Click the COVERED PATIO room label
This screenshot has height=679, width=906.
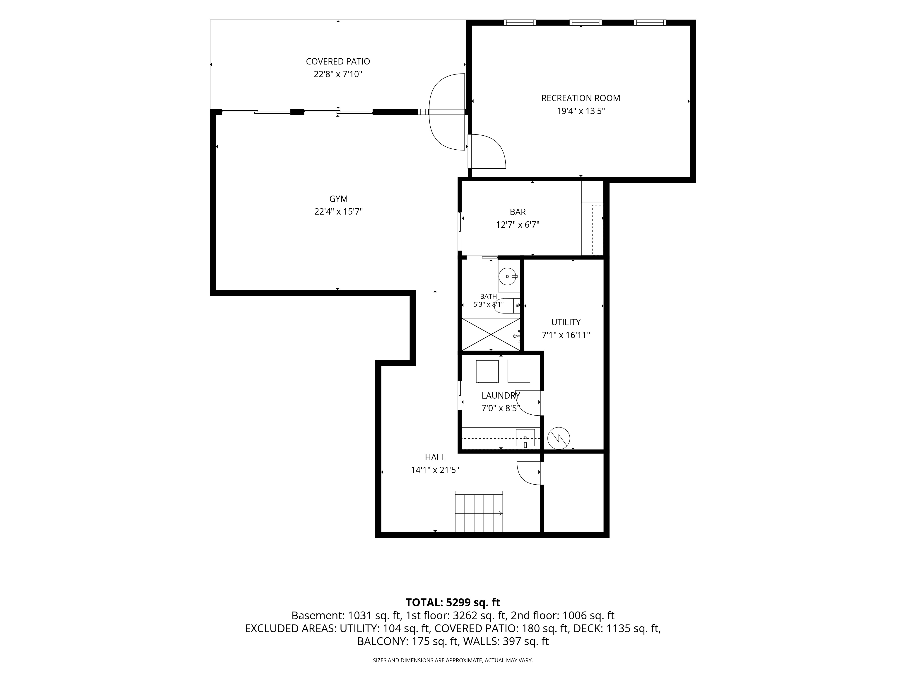(x=338, y=61)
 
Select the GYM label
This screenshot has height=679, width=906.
(x=338, y=199)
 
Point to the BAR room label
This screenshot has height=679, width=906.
(x=518, y=212)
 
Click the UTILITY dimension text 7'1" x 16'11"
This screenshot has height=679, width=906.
(x=566, y=335)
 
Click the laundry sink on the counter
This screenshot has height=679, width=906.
(x=525, y=438)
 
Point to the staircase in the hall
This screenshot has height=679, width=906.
(x=478, y=511)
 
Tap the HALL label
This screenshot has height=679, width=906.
(x=435, y=457)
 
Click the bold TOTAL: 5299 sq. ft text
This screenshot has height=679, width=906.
(x=453, y=602)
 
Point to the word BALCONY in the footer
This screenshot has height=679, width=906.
(x=382, y=641)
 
